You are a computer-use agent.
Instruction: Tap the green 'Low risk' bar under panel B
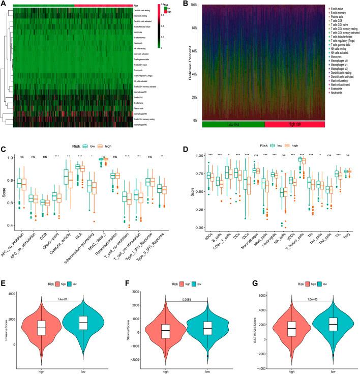pyautogui.click(x=233, y=124)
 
